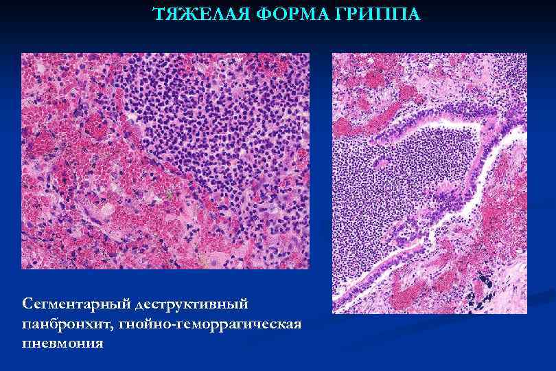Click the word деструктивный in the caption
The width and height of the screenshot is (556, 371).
pyautogui.click(x=193, y=303)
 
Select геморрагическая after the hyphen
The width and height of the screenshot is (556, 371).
pyautogui.click(x=240, y=323)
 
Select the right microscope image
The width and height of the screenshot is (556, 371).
pyautogui.click(x=429, y=183)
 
